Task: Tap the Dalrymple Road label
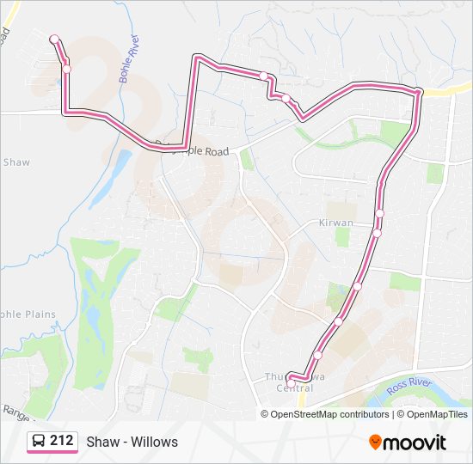pyautogui.click(x=193, y=150)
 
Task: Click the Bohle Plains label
pyautogui.click(x=27, y=314)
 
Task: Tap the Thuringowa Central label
pyautogui.click(x=289, y=382)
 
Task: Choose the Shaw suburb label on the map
pyautogui.click(x=16, y=162)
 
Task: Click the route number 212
pyautogui.click(x=61, y=441)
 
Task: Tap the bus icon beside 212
pyautogui.click(x=40, y=442)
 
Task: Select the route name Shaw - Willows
pyautogui.click(x=132, y=442)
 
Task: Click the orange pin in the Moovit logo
pyautogui.click(x=375, y=442)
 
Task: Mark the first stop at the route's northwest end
pyautogui.click(x=54, y=39)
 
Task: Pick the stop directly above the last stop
pyautogui.click(x=317, y=355)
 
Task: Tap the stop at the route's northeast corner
pyautogui.click(x=417, y=91)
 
